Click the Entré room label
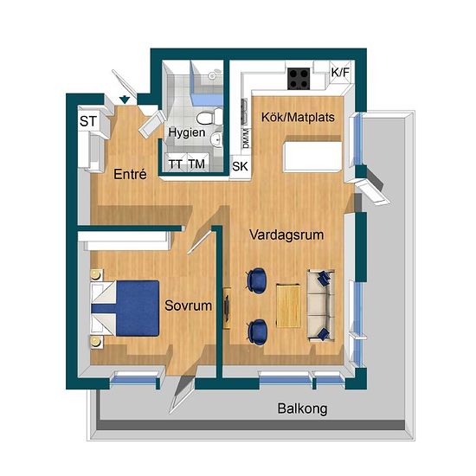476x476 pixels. (x=130, y=174)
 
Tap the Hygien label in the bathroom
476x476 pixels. (x=187, y=132)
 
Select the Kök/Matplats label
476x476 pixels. (x=298, y=117)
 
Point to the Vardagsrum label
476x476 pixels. (x=286, y=235)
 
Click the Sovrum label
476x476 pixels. (x=188, y=306)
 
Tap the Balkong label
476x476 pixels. (x=302, y=408)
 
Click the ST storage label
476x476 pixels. (x=88, y=121)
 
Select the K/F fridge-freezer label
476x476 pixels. (x=340, y=73)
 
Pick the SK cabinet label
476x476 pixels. (x=240, y=166)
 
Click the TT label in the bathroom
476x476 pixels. (x=176, y=164)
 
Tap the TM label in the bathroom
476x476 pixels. (x=196, y=164)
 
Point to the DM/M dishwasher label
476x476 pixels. (x=246, y=138)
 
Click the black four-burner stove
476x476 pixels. (x=299, y=79)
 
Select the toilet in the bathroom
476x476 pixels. (x=209, y=117)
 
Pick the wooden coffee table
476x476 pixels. (x=288, y=306)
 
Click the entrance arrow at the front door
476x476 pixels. (x=125, y=100)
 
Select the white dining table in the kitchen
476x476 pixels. (x=312, y=157)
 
